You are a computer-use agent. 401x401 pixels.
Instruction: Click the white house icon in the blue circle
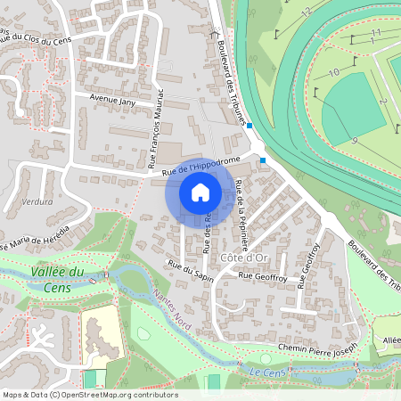pos(200,192)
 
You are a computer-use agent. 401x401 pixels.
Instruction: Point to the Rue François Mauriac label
pos(156,130)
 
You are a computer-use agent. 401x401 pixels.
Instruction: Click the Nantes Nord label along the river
pos(171,307)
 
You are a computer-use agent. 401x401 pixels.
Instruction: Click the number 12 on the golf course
pos(306,12)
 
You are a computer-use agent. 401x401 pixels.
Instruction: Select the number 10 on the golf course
pos(333,72)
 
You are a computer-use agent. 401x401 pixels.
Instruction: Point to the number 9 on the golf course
pos(354,141)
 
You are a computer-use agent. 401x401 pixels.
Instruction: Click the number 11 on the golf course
pos(376,32)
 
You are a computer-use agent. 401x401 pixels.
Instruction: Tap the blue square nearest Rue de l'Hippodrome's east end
pos(263,160)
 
